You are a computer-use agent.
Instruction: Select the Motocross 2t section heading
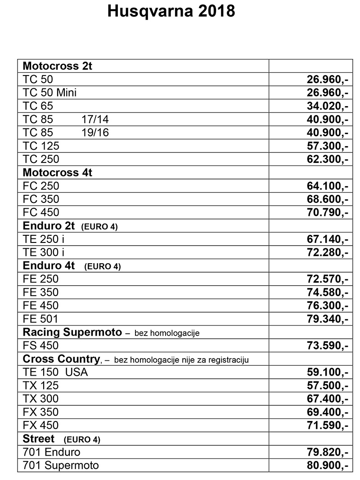[x=57, y=66]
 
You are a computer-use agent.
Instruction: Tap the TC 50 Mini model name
[x=49, y=93]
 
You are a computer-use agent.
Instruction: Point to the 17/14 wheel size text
[x=95, y=120]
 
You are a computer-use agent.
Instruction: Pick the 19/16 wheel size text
[x=95, y=133]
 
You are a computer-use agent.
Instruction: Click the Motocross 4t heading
[x=57, y=173]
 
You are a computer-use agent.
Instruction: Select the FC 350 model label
[x=41, y=199]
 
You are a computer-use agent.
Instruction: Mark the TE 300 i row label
[x=44, y=252]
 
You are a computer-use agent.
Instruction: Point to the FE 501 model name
[x=40, y=319]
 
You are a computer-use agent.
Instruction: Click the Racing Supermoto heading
[x=72, y=332]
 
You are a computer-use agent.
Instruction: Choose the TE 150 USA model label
[x=55, y=372]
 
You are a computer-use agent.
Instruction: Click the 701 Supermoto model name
[x=60, y=465]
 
